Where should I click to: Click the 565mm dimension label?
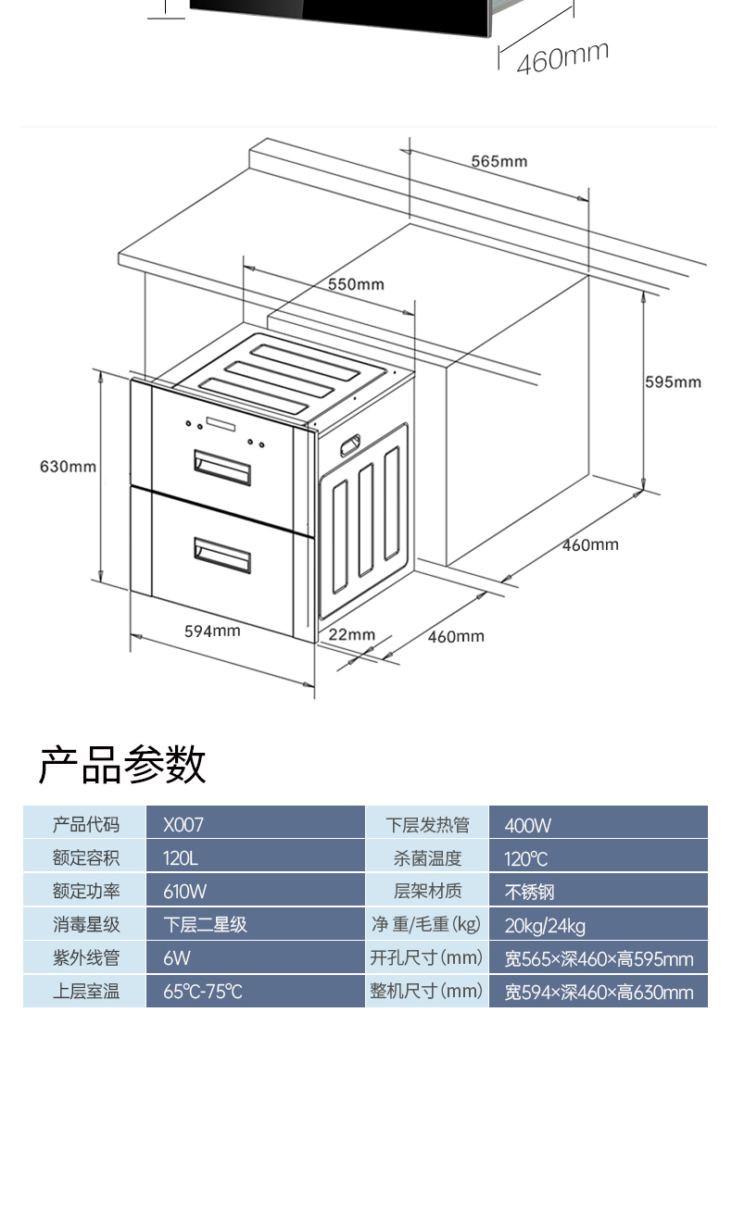click(499, 161)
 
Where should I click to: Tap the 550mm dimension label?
click(356, 284)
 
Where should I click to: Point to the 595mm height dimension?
click(673, 382)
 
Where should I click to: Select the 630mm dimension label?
click(68, 467)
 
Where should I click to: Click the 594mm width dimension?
click(212, 631)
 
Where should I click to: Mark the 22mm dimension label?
click(352, 634)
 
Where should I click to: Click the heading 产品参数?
click(121, 766)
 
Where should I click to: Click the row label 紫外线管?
click(85, 957)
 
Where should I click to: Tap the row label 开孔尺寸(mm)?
click(426, 957)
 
